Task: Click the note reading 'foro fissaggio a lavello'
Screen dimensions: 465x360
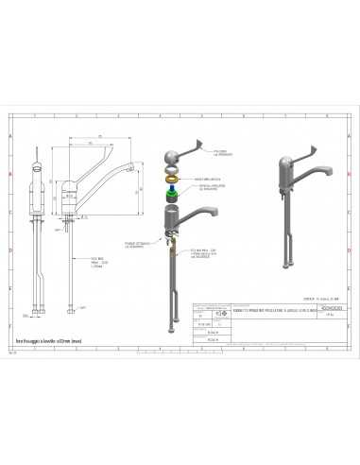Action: click(x=48, y=338)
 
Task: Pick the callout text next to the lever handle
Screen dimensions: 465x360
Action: click(x=223, y=153)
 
